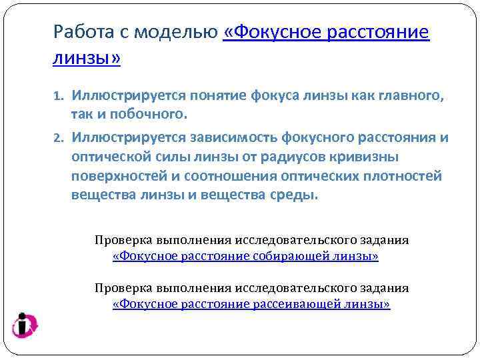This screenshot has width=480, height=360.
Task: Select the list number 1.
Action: click(x=57, y=97)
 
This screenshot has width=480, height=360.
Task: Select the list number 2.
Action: click(x=57, y=139)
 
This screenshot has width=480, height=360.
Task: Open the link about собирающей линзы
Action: click(x=245, y=256)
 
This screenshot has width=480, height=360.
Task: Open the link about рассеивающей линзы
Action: click(x=251, y=304)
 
